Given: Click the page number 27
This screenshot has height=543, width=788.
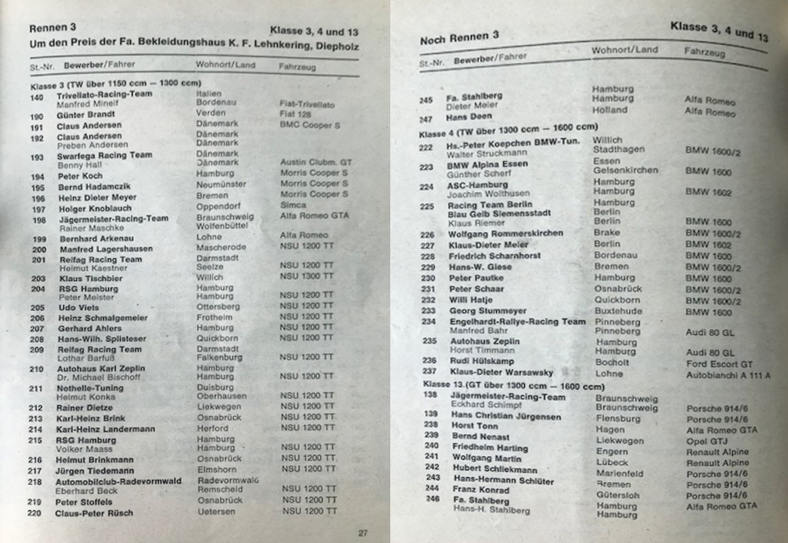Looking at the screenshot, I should click(x=363, y=533).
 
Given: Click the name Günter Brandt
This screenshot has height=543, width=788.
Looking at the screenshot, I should click(x=86, y=116).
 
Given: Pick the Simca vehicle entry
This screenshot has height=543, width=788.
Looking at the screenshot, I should click(x=293, y=204).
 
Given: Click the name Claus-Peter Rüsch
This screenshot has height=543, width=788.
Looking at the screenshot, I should click(x=94, y=513).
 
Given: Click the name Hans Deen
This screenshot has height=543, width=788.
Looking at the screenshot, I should click(x=469, y=117).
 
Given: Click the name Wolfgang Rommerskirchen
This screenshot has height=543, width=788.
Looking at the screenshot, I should click(x=506, y=233).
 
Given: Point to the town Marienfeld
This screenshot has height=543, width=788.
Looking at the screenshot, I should click(x=620, y=473).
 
